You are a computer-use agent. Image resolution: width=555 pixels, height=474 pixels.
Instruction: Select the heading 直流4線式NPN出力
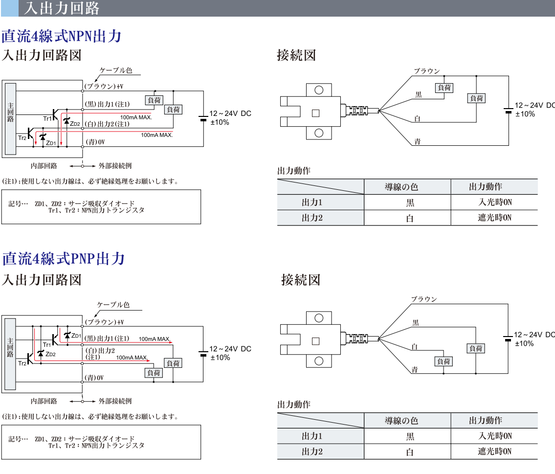[62, 37]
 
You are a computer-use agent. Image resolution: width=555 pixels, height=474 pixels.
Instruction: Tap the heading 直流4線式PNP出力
[64, 258]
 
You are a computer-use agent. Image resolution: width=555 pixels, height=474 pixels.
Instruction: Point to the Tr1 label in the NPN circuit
[47, 119]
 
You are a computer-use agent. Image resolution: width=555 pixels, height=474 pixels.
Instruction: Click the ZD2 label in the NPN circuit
[75, 124]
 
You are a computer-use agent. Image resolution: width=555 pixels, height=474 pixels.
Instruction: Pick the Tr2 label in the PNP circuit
[22, 363]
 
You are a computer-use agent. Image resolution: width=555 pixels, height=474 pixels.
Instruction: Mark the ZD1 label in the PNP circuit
[76, 335]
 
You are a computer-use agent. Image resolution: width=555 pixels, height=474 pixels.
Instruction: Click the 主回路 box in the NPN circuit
[11, 113]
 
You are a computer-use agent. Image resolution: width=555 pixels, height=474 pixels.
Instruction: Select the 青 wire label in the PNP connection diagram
[415, 369]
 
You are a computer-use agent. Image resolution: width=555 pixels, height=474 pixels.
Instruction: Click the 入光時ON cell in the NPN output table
[494, 203]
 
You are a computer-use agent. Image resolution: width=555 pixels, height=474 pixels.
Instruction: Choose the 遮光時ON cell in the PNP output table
[494, 451]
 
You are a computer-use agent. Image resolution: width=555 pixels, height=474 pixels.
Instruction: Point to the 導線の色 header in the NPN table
[401, 187]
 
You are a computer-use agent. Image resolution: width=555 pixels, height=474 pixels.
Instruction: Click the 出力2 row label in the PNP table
[312, 451]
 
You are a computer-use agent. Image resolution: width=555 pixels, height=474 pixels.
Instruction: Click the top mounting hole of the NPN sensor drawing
[319, 90]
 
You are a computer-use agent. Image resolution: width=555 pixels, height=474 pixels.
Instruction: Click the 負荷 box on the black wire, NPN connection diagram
[444, 88]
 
